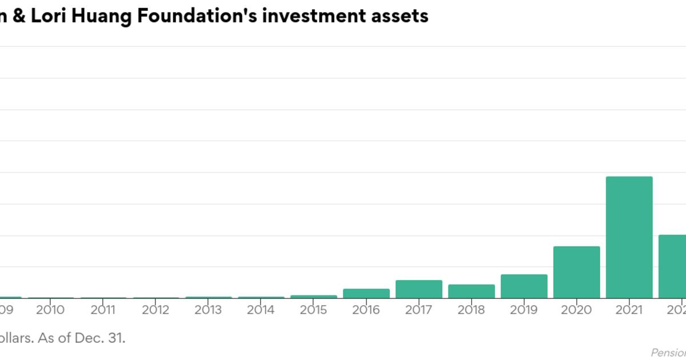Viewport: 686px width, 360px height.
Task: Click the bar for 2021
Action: (x=629, y=237)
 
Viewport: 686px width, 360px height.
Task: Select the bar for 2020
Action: (x=576, y=272)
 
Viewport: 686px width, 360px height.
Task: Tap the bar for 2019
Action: (x=524, y=286)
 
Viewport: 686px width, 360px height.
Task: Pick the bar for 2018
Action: (x=471, y=291)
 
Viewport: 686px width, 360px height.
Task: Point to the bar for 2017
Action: (x=418, y=289)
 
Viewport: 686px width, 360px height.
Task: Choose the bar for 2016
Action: (x=366, y=294)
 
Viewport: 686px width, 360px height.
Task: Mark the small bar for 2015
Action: (x=313, y=297)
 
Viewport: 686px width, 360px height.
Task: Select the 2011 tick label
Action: (x=103, y=310)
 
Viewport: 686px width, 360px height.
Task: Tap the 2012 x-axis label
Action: (x=156, y=310)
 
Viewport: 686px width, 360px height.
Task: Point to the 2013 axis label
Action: (x=209, y=310)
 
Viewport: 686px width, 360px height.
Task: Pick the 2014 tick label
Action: (x=261, y=310)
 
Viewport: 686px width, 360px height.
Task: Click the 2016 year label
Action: (x=366, y=310)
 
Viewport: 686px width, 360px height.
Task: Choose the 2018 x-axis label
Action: (x=472, y=310)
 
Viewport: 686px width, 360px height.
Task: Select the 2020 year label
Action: (x=577, y=310)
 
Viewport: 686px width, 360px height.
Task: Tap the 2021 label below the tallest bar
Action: (x=629, y=310)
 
